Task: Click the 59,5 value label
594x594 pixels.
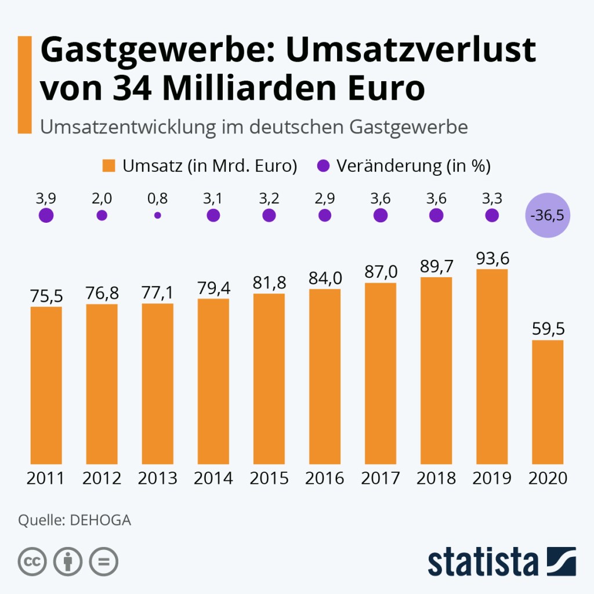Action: point(548,329)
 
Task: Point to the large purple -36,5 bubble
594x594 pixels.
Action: point(548,216)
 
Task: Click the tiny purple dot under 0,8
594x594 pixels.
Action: point(157,215)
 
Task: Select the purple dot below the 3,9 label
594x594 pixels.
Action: point(46,216)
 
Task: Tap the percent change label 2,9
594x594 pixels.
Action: point(325,198)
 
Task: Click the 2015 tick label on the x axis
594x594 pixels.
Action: point(269,479)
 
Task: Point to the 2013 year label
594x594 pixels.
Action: point(158,479)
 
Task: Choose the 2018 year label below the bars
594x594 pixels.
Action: point(436,479)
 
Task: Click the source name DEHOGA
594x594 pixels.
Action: point(100,520)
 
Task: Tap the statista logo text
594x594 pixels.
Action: point(483,562)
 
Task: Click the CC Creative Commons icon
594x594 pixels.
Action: point(32,562)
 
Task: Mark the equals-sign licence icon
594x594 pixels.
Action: point(104,562)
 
